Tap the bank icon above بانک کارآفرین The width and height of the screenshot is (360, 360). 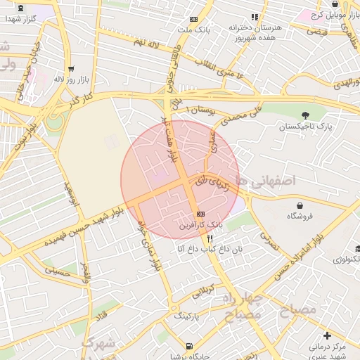(x=201, y=213)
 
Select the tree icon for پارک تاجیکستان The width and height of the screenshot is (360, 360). (x=304, y=115)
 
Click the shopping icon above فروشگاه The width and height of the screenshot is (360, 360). (x=301, y=206)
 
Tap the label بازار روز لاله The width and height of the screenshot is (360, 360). (x=70, y=79)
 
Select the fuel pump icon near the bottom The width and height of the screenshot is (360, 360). (x=189, y=345)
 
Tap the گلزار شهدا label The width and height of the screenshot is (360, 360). (x=21, y=18)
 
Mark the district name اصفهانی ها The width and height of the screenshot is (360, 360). (x=265, y=181)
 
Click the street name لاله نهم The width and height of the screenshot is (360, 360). (x=148, y=43)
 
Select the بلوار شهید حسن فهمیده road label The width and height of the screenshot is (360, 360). (x=84, y=226)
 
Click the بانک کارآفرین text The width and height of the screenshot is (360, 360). (x=200, y=226)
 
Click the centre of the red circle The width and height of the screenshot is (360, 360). (x=180, y=180)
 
